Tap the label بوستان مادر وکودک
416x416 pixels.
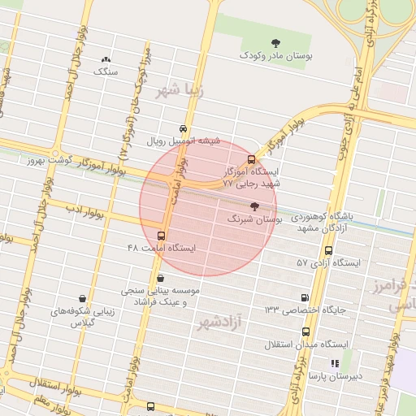(274, 56)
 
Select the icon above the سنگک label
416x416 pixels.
(106, 59)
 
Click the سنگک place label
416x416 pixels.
(106, 71)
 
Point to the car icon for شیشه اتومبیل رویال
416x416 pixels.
(183, 129)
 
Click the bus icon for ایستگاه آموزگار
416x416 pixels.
(250, 159)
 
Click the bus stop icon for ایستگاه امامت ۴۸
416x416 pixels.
(160, 236)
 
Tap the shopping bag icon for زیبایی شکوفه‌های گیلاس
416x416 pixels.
(82, 299)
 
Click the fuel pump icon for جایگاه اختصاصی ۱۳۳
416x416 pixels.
(305, 298)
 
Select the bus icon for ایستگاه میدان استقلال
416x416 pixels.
(305, 331)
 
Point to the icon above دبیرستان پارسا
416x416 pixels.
(334, 363)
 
